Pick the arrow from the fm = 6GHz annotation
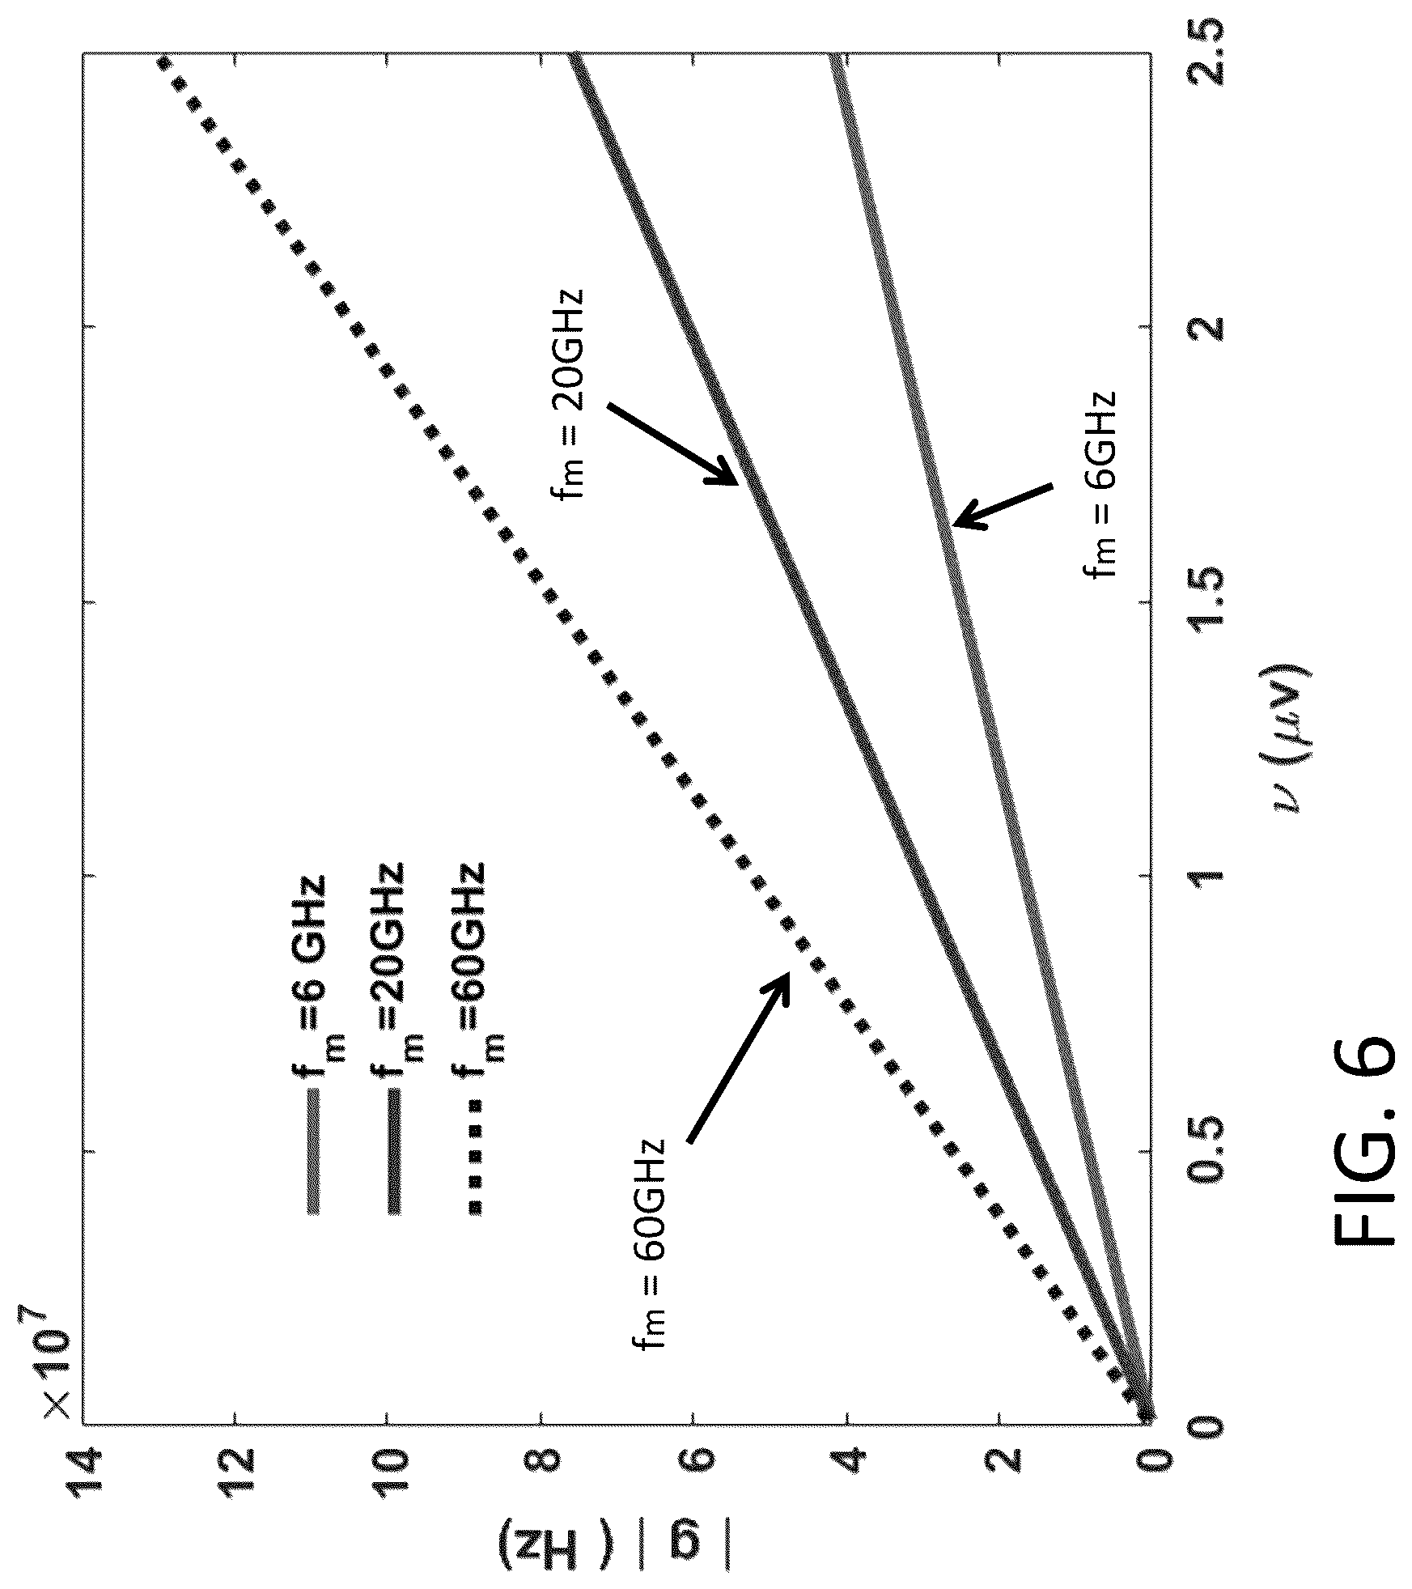point(1003,505)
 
